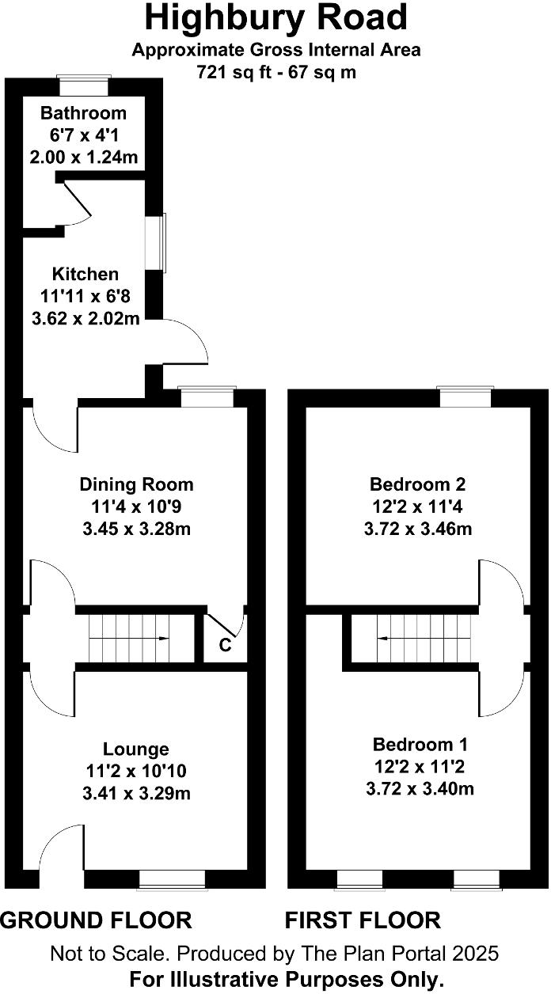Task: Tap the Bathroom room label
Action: (84, 113)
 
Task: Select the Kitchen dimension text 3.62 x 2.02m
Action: (85, 319)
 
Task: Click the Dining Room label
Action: (136, 484)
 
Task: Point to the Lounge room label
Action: (136, 749)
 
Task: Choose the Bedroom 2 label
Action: (418, 484)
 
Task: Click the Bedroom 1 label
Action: (420, 744)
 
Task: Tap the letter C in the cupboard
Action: (225, 645)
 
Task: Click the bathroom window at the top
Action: (85, 78)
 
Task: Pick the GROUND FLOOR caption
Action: (96, 920)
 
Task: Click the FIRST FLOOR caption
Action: (363, 920)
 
